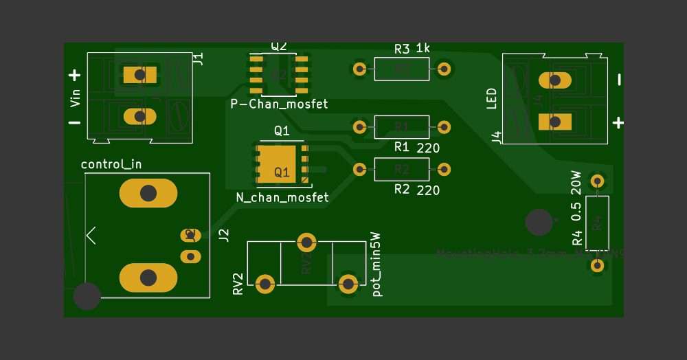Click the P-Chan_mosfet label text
(x=279, y=104)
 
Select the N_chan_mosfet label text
(x=282, y=197)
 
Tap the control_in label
(x=111, y=164)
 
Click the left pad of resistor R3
(x=359, y=69)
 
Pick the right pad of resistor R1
(x=444, y=127)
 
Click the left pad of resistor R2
(x=359, y=168)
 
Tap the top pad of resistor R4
(x=597, y=181)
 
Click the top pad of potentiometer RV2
(x=306, y=242)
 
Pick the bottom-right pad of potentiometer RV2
(x=348, y=283)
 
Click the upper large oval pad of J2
(x=148, y=194)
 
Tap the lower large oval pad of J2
(x=148, y=278)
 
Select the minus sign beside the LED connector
(x=619, y=80)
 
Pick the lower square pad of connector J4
(x=555, y=122)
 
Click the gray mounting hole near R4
(x=538, y=222)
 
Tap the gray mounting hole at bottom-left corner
(x=87, y=295)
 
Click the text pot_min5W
(x=376, y=264)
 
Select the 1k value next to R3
(x=423, y=49)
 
